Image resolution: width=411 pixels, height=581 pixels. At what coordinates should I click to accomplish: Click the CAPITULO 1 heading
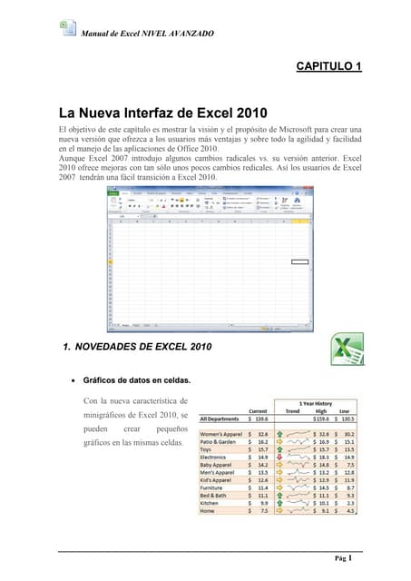click(x=330, y=67)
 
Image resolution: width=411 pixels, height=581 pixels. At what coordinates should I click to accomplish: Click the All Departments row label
click(x=220, y=419)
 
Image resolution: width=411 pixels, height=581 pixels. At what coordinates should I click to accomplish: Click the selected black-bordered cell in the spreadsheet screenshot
click(x=299, y=261)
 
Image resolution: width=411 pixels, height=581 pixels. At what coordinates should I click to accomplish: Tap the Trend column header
click(x=292, y=410)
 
